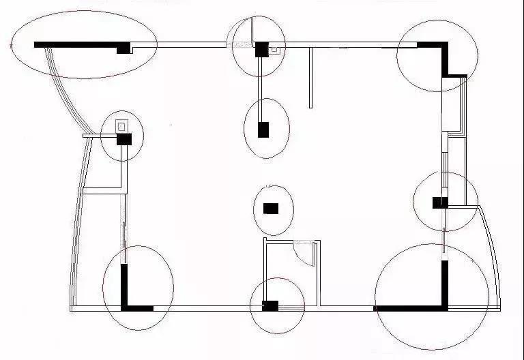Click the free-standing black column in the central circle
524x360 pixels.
click(271, 208)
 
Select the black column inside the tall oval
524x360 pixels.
click(263, 130)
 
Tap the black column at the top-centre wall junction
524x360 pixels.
click(261, 49)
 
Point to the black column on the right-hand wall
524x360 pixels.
click(440, 202)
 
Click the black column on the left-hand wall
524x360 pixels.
click(124, 139)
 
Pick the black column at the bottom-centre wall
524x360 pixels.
click(270, 305)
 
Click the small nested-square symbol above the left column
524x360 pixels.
click(121, 125)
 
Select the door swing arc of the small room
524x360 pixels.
click(303, 252)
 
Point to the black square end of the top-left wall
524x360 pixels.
click(123, 48)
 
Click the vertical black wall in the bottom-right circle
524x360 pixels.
click(444, 283)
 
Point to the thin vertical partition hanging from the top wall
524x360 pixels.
click(310, 77)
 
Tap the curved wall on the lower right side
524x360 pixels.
click(495, 252)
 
